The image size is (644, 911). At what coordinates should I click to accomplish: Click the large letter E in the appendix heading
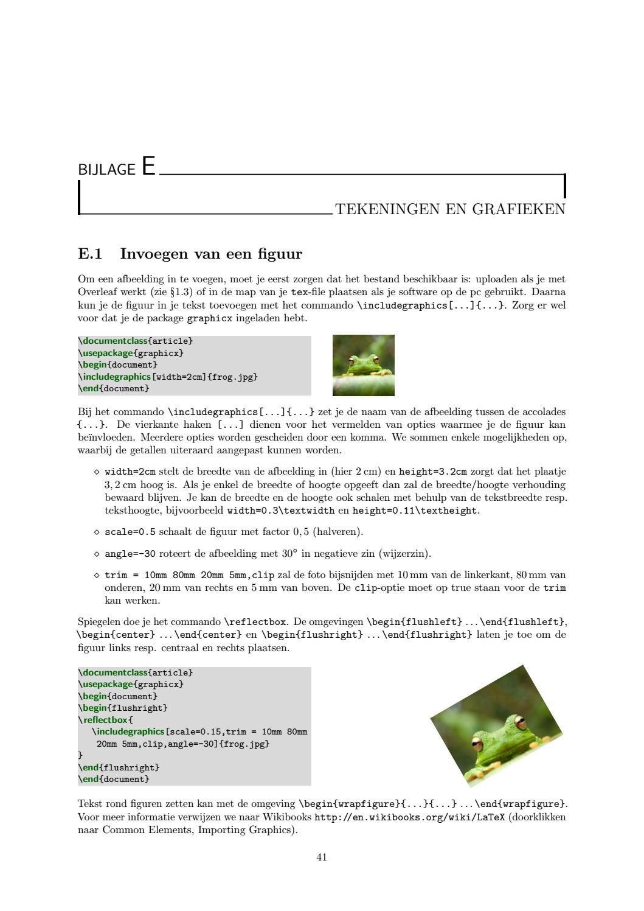(148, 166)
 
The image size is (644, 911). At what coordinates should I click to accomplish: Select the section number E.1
(91, 253)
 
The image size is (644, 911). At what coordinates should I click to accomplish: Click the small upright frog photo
(363, 365)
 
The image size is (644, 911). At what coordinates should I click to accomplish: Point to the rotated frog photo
(496, 726)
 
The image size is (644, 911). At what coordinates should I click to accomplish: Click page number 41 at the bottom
(322, 857)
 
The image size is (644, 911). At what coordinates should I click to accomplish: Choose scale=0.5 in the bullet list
(130, 532)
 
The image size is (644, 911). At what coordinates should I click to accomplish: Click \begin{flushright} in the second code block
(123, 708)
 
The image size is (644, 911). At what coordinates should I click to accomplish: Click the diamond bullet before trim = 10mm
(96, 575)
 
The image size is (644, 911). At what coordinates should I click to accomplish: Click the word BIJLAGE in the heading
(106, 169)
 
